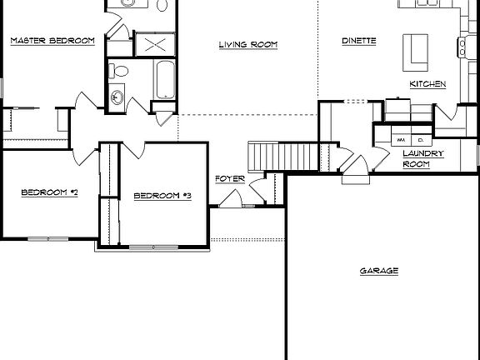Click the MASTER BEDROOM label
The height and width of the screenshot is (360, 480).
52,40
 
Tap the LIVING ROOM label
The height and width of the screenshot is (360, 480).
247,44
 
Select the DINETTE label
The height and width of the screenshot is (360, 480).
359,40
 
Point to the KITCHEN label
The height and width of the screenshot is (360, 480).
427,84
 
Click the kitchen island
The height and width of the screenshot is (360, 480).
413,52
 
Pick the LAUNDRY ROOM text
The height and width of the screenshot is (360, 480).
422,158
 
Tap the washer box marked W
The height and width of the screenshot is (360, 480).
402,140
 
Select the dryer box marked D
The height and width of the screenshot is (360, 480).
422,140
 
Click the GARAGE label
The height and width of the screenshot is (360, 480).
378,271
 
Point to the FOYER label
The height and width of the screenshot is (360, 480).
229,178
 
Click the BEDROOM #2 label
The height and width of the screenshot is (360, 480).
49,192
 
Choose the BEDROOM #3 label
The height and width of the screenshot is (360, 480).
163,196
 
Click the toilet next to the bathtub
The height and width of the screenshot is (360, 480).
117,71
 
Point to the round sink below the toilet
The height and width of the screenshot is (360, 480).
117,97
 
